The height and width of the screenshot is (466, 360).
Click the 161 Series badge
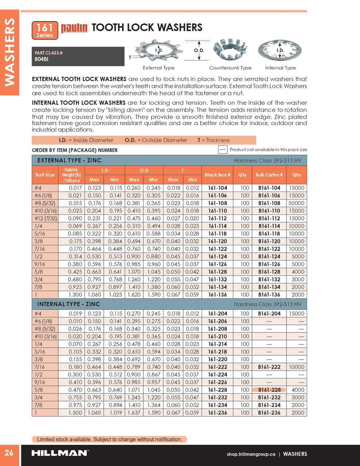coord(45,31)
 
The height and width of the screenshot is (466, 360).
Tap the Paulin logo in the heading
coord(74,28)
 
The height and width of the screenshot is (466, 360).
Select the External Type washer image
coord(158,51)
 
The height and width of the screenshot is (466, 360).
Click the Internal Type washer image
coord(280,51)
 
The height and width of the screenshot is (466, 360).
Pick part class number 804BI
coord(41,59)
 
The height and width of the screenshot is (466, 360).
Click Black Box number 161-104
coord(217,188)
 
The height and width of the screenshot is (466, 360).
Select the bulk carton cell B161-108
coord(269,203)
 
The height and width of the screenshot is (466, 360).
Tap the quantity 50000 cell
coord(296,203)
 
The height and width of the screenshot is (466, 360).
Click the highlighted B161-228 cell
coord(269,390)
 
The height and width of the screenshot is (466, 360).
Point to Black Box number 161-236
coord(217,413)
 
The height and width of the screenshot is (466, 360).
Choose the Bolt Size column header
coord(45,175)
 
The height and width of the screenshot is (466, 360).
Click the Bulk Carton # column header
coord(269,175)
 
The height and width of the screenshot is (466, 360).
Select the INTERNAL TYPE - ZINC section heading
coord(68,304)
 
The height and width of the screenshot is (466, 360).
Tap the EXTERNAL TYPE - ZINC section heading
coord(69,160)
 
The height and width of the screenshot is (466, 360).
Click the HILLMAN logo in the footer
coord(60,453)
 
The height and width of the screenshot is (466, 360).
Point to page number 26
coord(9,453)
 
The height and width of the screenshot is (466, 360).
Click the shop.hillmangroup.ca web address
coord(251,454)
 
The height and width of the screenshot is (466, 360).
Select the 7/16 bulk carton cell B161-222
coord(269,367)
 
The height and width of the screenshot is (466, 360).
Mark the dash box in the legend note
coord(223,149)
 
